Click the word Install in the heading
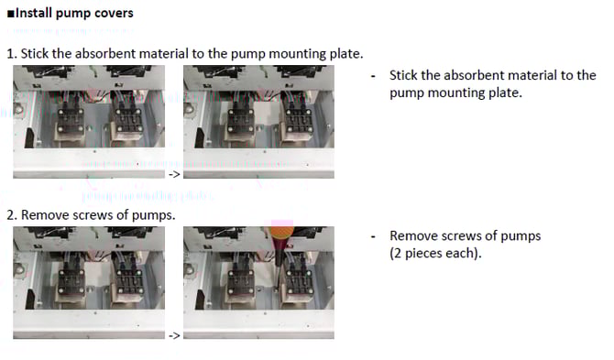[x=34, y=13]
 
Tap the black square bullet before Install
[x=11, y=14]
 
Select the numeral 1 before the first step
[x=10, y=54]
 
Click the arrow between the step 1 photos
[x=174, y=174]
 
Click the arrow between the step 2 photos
[x=174, y=335]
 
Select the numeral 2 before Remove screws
[x=11, y=215]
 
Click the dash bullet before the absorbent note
[x=373, y=76]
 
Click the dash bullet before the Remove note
[x=373, y=237]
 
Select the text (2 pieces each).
[x=435, y=253]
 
